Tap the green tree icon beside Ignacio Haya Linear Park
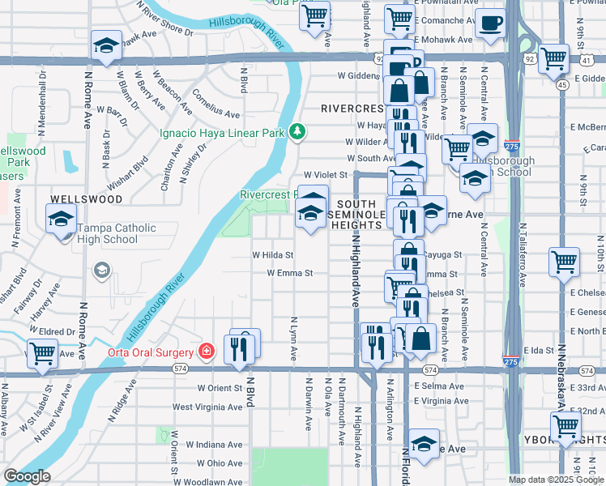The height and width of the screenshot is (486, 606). [298, 130]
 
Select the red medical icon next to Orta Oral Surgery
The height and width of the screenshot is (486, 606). [207, 352]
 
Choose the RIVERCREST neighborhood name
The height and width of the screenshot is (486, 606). [351, 108]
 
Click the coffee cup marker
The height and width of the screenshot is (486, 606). [490, 23]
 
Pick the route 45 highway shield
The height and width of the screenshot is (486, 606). [562, 83]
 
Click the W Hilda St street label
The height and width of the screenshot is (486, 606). [271, 255]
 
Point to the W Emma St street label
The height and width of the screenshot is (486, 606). [290, 273]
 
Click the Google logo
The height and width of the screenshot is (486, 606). [27, 476]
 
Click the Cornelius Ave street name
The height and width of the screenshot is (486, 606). [216, 103]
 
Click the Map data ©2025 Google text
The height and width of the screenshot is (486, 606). [556, 480]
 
